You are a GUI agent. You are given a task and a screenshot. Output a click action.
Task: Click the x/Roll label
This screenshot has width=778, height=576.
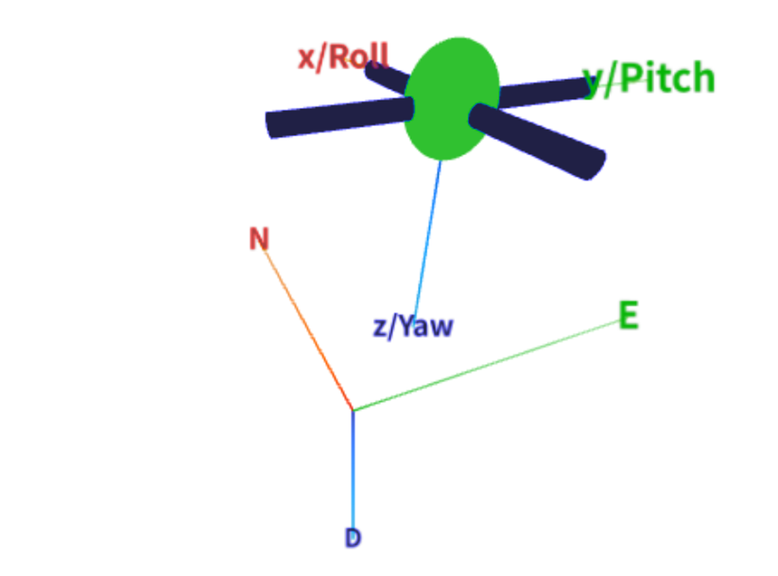point(343,57)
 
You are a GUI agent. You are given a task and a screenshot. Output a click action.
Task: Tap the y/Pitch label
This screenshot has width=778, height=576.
point(649,78)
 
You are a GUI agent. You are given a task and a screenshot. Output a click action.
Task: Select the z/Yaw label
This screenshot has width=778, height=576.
point(413,327)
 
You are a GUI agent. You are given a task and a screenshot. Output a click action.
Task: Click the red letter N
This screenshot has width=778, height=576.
point(259,238)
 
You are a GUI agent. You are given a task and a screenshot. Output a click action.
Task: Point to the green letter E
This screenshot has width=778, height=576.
point(628,315)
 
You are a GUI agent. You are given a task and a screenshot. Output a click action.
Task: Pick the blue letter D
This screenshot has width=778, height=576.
point(353,538)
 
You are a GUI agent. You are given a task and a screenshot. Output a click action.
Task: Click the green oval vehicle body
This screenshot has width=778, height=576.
point(451,99)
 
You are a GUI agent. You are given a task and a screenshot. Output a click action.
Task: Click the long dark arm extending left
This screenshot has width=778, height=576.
point(340,117)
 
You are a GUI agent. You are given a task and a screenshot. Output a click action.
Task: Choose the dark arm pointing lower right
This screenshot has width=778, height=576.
point(537,141)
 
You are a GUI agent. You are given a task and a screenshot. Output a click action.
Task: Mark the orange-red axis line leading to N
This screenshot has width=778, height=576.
point(308,330)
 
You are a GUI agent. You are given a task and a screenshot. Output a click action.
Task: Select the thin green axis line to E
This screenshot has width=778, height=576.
point(486,366)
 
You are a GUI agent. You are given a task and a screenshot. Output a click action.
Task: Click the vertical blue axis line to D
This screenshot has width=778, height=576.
point(353,470)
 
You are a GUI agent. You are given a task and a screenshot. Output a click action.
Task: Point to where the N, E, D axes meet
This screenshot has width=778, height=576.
point(353,410)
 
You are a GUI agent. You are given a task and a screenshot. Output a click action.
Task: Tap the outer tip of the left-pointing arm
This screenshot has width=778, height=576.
point(268,126)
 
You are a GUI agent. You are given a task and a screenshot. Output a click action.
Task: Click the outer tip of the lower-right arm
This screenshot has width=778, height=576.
point(597,165)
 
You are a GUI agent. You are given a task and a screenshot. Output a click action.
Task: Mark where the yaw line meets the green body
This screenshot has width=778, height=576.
point(441,160)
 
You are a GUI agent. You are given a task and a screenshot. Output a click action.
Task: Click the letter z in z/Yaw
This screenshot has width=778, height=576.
point(379,328)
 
